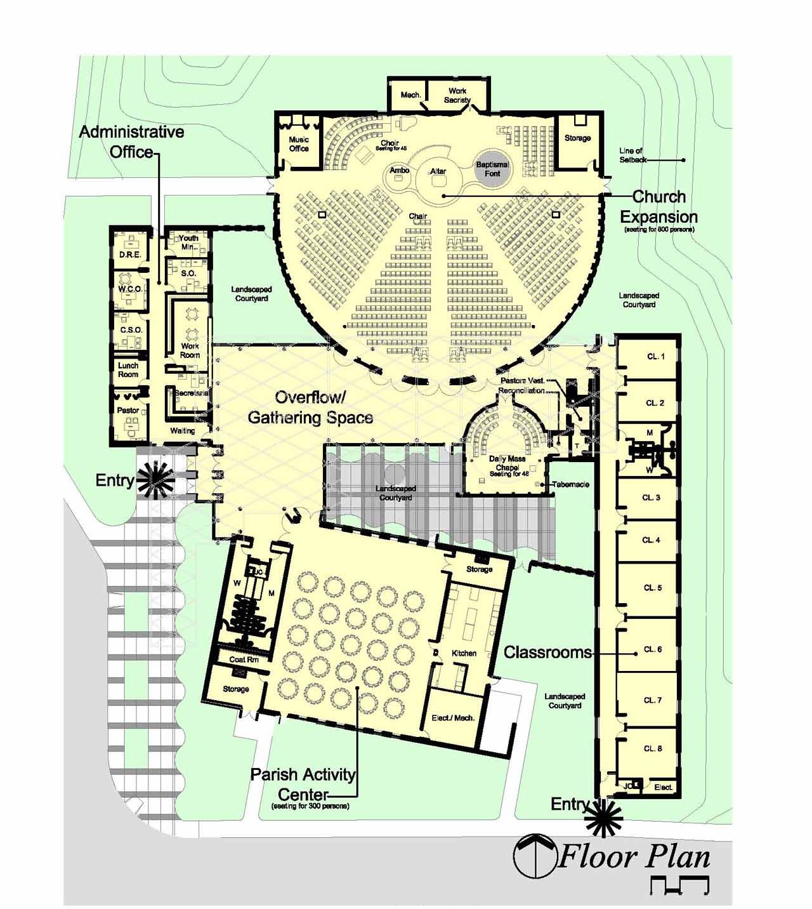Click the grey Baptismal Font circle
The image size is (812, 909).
point(492,169)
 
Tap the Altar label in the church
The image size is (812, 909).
point(438,171)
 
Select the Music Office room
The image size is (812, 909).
point(299,144)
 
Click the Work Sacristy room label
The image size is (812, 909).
point(457,95)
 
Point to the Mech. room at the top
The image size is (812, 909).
point(410,95)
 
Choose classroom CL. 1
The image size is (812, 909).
point(655,357)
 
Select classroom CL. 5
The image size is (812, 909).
point(653,588)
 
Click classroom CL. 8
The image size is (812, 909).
point(653,748)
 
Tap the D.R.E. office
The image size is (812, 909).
point(130,255)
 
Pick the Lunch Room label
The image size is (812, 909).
point(128,370)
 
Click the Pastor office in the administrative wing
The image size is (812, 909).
point(128,411)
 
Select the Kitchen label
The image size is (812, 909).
point(464,653)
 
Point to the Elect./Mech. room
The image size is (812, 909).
point(453,718)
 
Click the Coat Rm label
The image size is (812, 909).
point(244,660)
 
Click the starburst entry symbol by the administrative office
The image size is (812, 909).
point(156,479)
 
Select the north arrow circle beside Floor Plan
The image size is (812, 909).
point(533,857)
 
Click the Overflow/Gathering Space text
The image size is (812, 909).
point(310,408)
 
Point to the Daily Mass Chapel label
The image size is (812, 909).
point(507,463)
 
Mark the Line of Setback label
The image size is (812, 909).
point(632,155)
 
